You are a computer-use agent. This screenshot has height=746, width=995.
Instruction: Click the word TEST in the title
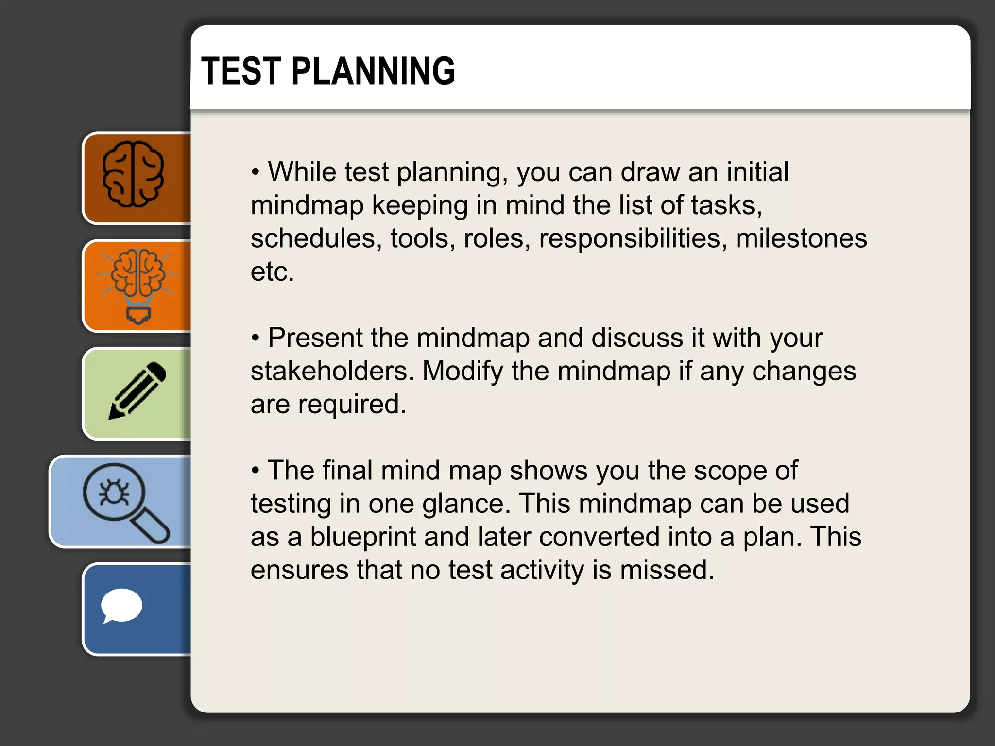(241, 71)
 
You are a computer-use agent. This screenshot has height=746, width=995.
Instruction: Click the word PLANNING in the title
(373, 71)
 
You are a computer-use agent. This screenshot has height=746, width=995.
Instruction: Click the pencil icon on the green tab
(137, 390)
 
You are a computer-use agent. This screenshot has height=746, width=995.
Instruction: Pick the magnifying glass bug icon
(125, 502)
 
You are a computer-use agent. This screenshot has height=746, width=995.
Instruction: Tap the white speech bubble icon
(121, 606)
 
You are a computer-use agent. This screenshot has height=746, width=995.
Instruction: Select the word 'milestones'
(801, 238)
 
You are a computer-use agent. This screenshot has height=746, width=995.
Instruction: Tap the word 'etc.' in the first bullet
(272, 271)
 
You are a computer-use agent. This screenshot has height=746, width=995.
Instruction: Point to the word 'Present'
(315, 338)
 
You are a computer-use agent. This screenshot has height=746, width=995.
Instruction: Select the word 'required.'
(352, 404)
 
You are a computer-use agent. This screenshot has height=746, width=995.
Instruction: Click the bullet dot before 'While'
(256, 173)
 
